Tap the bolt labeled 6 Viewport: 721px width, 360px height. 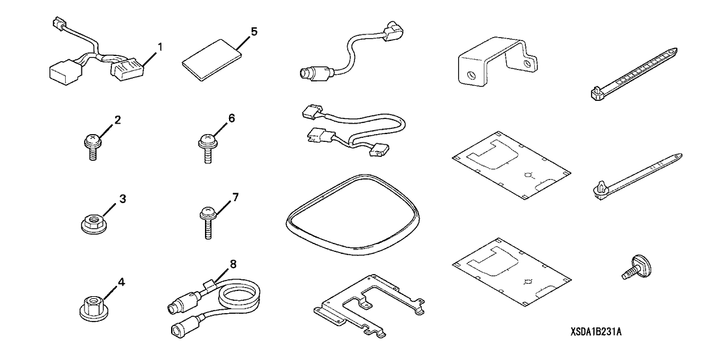[x=207, y=145]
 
